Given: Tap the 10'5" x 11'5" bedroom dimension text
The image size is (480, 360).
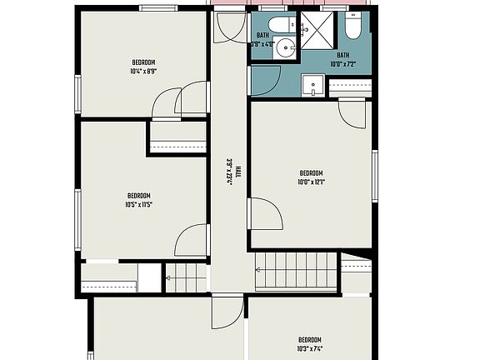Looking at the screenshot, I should (x=138, y=204).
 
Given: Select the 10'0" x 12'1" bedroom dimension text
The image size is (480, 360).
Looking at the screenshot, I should (x=311, y=182).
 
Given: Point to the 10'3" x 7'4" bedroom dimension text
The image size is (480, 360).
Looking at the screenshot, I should (x=310, y=348).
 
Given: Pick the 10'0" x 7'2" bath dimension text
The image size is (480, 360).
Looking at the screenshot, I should (x=342, y=64).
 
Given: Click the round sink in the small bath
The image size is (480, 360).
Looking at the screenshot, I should (x=287, y=47).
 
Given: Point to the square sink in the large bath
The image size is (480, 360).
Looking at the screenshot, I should (x=314, y=84).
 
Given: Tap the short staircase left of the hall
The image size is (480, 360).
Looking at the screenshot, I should (x=185, y=277).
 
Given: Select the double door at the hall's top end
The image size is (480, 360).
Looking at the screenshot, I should (x=227, y=27).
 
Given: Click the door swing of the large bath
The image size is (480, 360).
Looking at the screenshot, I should (x=352, y=112).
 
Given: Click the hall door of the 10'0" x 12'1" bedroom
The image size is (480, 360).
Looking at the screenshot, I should (x=266, y=214).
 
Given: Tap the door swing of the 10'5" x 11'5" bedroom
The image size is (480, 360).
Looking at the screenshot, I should (x=192, y=242).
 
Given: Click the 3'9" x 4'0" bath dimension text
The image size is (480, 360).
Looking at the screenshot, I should (x=263, y=44).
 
